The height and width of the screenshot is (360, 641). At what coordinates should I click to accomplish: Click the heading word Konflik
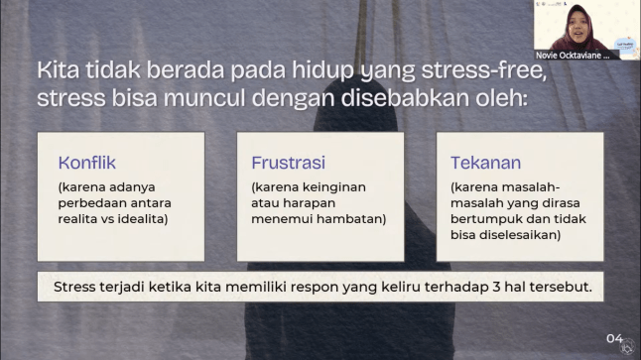(87, 162)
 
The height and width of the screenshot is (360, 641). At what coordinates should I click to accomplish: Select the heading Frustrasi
(288, 162)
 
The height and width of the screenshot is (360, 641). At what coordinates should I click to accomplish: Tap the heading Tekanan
(485, 162)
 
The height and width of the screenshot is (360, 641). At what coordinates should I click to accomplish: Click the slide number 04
(615, 337)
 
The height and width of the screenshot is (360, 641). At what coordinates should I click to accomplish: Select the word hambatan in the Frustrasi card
(352, 218)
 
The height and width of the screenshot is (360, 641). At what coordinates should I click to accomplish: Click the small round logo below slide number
(627, 346)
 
